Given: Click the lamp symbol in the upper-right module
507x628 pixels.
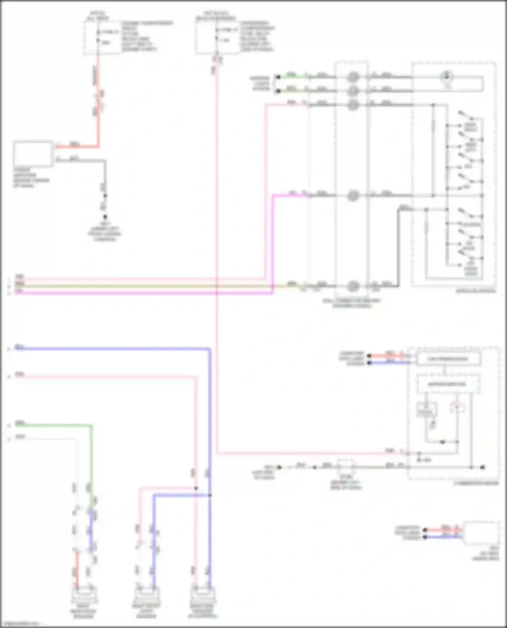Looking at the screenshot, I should point(447,77).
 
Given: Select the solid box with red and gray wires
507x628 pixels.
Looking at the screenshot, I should point(33,154).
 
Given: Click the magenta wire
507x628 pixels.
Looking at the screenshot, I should point(135,293).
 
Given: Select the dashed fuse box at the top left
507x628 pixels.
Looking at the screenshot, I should point(102,37).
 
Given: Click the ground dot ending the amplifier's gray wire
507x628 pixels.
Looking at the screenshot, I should point(105,217).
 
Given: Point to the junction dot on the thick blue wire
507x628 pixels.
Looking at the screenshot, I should point(210,495).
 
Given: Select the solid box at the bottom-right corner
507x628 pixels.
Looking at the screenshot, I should point(481,533).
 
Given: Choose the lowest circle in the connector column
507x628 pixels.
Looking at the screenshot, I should point(353,286).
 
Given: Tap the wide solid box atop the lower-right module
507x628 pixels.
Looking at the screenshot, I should point(449,359).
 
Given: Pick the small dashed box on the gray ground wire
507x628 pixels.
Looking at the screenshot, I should point(346,467).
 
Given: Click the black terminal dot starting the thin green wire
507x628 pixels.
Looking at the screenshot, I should point(278,77).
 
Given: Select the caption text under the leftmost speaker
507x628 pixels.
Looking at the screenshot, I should point(83,613).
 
